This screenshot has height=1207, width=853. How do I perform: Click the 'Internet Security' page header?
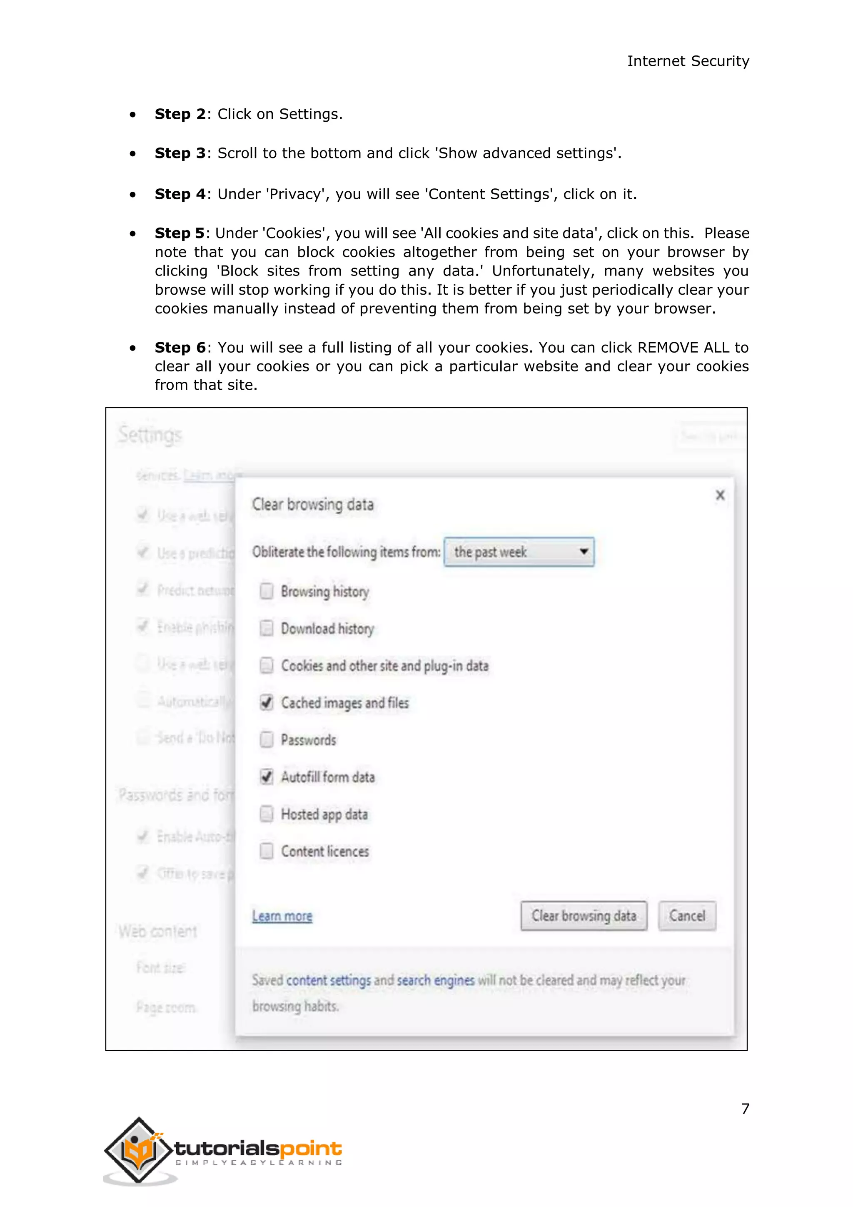[688, 61]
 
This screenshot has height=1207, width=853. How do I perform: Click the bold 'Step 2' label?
[179, 114]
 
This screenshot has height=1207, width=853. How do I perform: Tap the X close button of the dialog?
[720, 495]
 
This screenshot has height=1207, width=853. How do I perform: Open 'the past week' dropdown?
[519, 551]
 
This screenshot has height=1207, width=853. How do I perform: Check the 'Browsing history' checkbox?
[267, 591]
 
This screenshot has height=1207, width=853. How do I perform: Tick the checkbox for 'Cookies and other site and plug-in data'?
[267, 666]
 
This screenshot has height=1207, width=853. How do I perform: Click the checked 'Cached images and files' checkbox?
[267, 703]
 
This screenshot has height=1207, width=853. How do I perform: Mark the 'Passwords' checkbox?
[267, 740]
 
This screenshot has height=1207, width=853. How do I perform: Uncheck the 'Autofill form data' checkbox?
[267, 777]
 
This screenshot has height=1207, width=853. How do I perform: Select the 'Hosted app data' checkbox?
[267, 814]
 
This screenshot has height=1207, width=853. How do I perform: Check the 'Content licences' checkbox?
[267, 851]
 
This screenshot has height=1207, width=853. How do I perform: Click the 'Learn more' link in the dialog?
[282, 916]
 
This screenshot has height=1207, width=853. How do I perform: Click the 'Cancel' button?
[686, 916]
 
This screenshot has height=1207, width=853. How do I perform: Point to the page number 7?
[745, 1109]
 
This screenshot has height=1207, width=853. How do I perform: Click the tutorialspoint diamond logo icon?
[138, 1150]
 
